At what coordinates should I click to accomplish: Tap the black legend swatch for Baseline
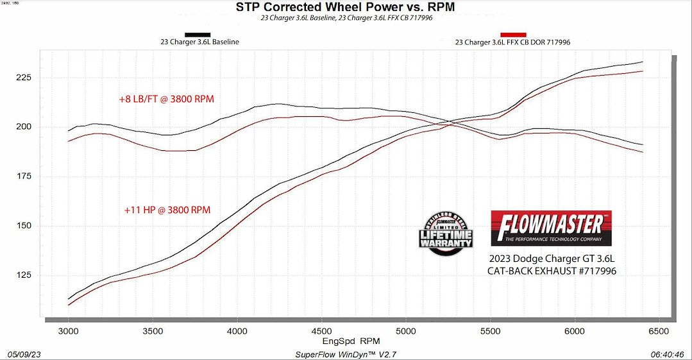[198, 35]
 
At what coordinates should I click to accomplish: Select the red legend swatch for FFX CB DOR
[513, 35]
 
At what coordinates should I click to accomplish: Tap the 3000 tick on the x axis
[68, 331]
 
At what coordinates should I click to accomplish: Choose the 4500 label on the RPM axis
[321, 331]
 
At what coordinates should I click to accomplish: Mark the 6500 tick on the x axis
[659, 331]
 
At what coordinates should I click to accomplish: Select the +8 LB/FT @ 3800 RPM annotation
[166, 99]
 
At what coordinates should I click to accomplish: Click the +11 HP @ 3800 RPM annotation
[167, 209]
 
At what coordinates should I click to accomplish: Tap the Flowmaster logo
[551, 228]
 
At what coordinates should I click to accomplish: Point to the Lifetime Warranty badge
[446, 234]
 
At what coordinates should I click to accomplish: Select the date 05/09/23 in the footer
[24, 354]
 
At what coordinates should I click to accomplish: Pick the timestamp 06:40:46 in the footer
[667, 354]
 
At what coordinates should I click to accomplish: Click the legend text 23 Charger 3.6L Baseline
[199, 42]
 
